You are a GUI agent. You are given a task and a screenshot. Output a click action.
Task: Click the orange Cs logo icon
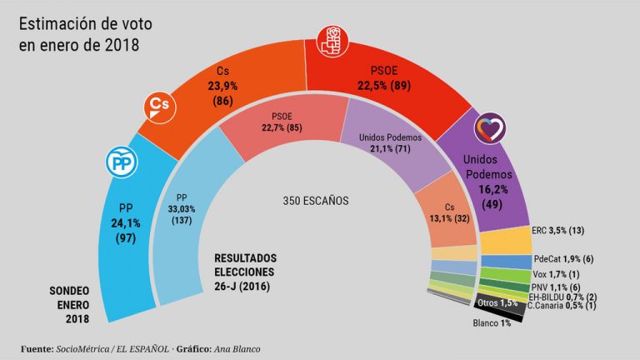coord(158,104)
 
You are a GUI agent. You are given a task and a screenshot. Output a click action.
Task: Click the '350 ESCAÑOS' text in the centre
coord(316,201)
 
